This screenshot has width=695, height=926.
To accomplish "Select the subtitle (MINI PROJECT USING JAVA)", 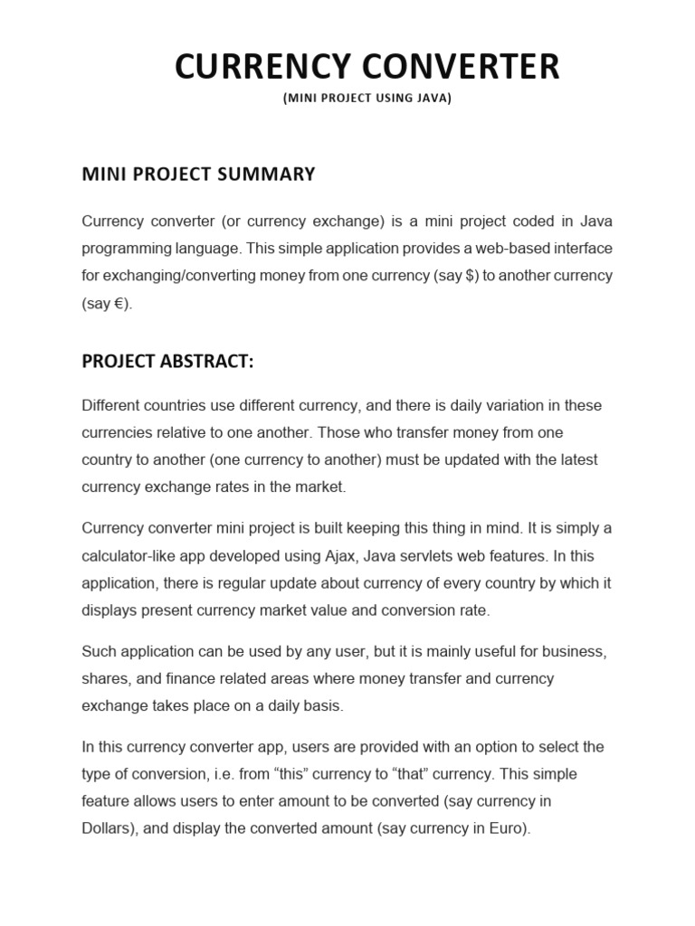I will [367, 99].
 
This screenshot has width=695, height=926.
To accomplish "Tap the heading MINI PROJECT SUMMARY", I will [198, 174].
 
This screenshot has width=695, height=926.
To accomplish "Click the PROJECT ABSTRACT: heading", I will [167, 362].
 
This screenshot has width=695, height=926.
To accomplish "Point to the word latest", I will [576, 459].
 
